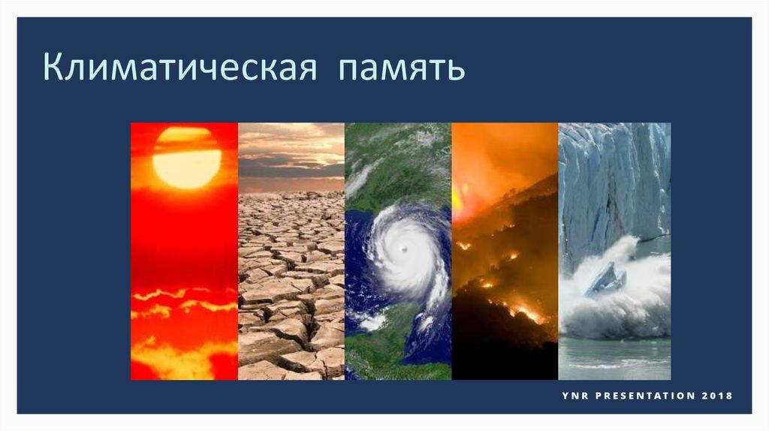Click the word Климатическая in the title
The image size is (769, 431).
[180, 66]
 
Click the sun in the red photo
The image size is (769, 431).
[186, 158]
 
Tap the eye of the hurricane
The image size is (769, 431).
[404, 249]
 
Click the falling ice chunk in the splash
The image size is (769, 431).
[606, 279]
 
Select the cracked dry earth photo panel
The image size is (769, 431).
[291, 251]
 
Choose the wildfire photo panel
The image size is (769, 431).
[505, 251]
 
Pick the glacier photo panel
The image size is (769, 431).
[614, 251]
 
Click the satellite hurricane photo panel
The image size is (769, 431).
[398, 251]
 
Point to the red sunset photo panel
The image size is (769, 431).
[185, 251]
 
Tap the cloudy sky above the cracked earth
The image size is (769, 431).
[291, 157]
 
